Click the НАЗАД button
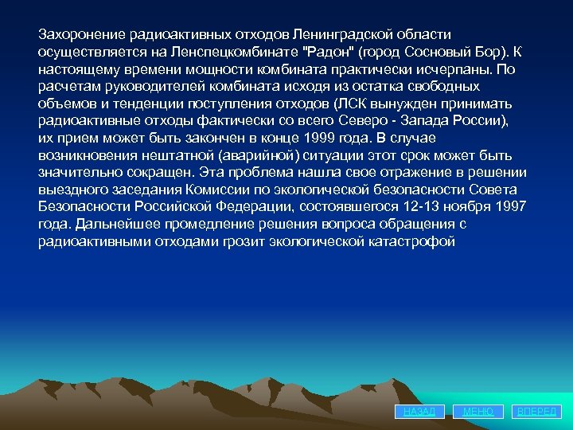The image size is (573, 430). point(419,411)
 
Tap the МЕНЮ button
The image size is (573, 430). point(478,411)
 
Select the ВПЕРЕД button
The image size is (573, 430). point(538,411)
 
